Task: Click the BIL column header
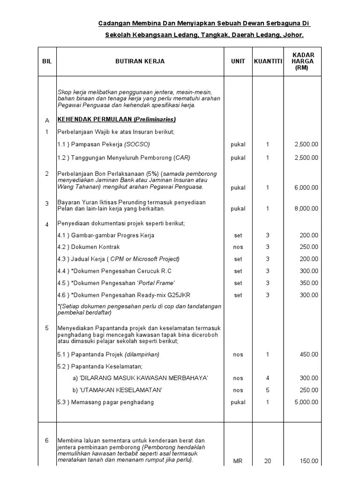[46, 61]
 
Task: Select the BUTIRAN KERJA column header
[140, 61]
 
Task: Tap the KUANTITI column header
[268, 61]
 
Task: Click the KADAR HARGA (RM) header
[302, 61]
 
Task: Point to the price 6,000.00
[306, 187]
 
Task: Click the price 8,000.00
[306, 209]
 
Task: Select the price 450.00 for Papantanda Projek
[309, 354]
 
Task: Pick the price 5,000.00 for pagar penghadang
[306, 402]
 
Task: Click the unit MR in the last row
[238, 461]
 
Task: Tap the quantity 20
[268, 461]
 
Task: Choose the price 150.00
[309, 461]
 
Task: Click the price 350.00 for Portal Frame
[309, 283]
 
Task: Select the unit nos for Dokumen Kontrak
[238, 247]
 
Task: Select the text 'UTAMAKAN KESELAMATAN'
[122, 390]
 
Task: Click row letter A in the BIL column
[46, 120]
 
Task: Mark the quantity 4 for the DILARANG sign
[268, 378]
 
